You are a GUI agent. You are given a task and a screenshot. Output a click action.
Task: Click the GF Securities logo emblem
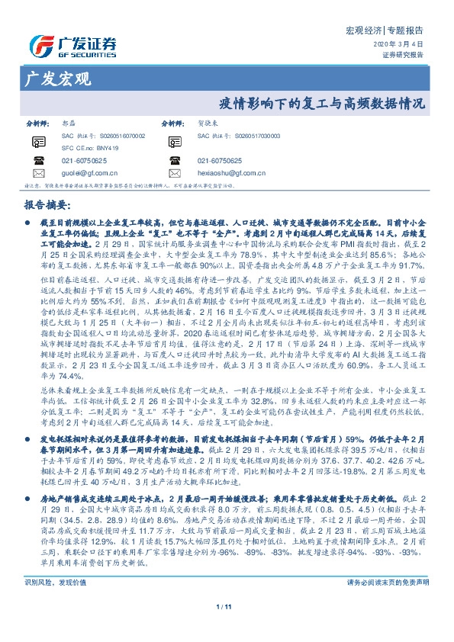point(37,43)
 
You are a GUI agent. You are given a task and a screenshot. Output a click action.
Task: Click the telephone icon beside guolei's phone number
point(38,161)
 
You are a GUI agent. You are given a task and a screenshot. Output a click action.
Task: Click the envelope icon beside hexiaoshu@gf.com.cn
point(175,175)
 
